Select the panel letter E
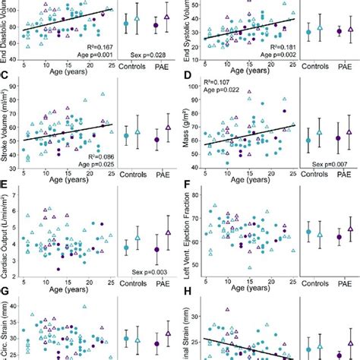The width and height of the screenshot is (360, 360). (x=6, y=184)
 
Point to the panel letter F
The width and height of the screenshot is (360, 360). (x=187, y=184)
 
